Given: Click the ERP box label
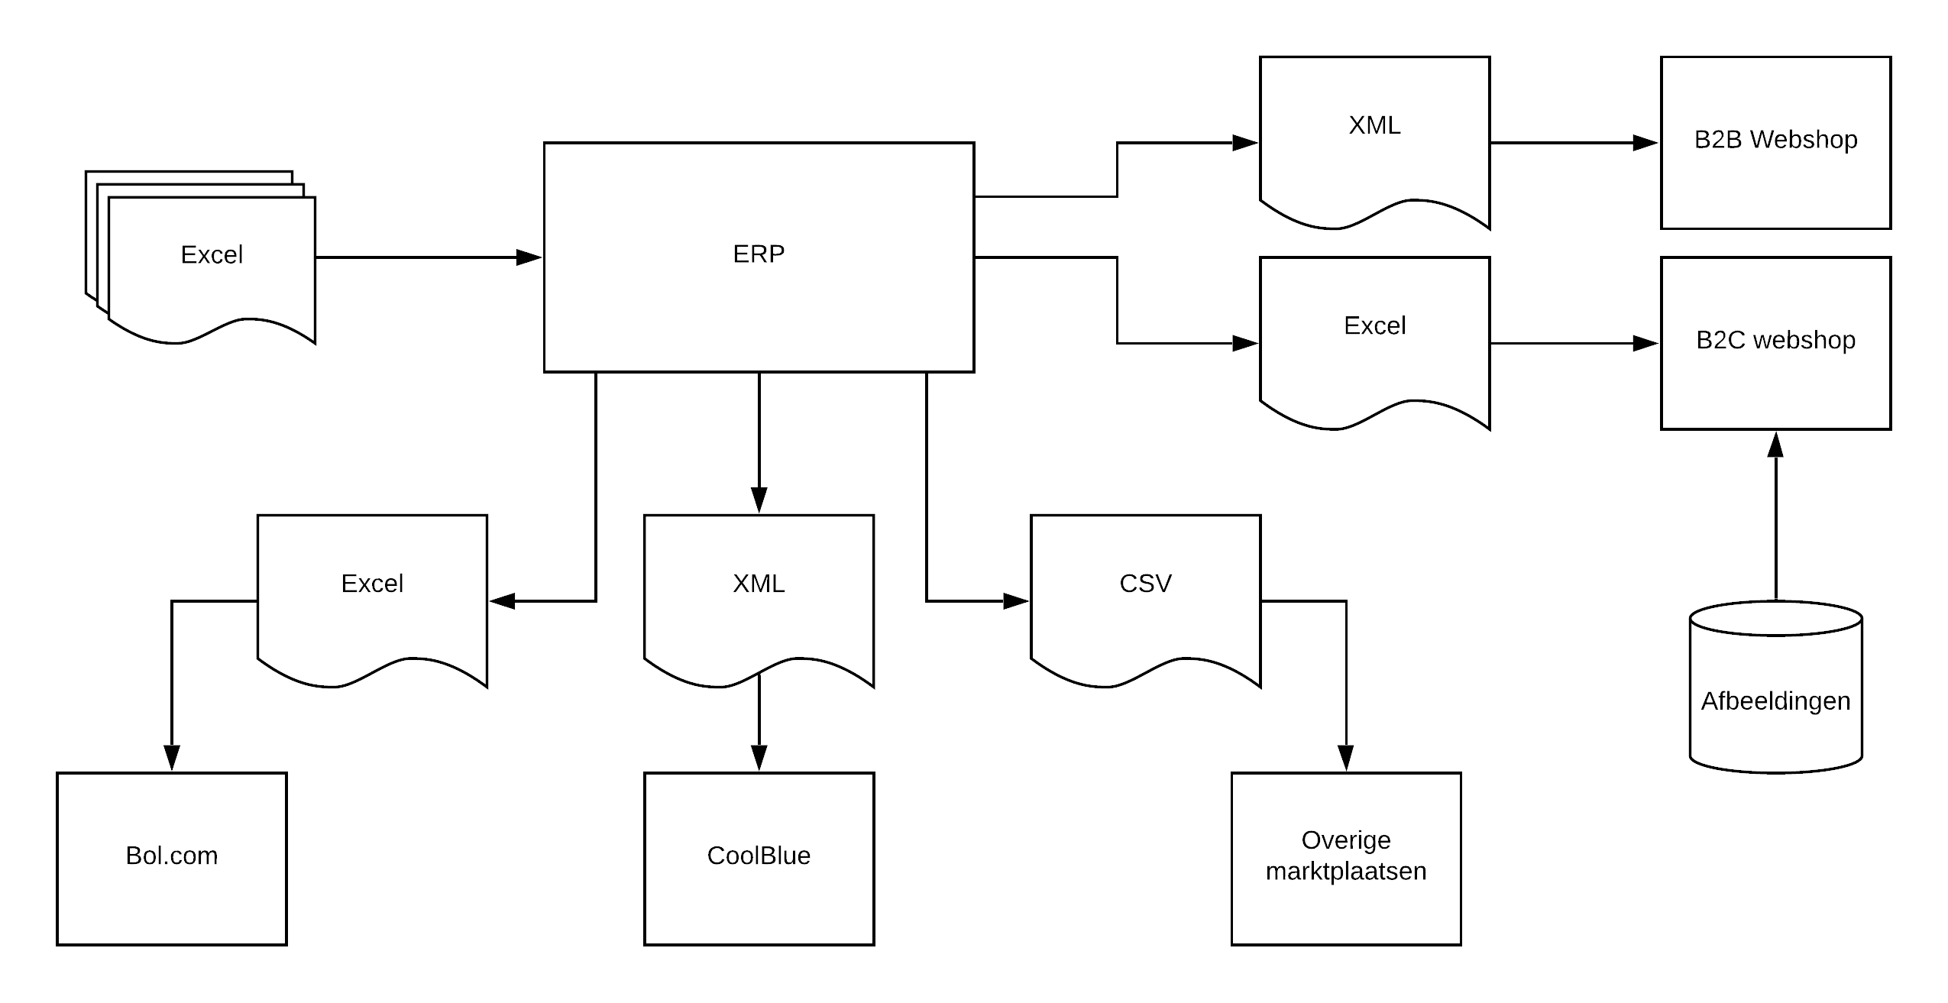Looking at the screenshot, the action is [x=759, y=254].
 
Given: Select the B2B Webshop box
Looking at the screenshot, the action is [x=1775, y=143].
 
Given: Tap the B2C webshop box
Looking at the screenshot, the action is [x=1775, y=343].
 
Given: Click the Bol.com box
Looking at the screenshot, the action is [x=172, y=859].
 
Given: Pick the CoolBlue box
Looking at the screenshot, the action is [x=759, y=859].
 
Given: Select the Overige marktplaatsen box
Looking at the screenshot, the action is [x=1346, y=859].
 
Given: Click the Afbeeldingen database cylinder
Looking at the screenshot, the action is [x=1775, y=688].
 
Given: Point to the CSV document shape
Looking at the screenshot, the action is [x=1145, y=601].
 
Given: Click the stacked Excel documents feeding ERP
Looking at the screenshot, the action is [x=201, y=257].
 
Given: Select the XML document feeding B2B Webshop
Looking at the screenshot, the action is [x=1374, y=143].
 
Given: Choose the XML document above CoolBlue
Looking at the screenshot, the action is [x=759, y=601].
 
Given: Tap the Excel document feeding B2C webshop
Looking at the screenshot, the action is [x=1374, y=343].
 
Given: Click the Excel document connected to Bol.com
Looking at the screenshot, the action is [x=372, y=601].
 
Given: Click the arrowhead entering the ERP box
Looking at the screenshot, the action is [x=529, y=257].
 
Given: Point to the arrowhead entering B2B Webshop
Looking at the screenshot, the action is [x=1645, y=143].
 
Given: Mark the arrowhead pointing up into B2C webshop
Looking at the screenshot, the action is [x=1775, y=445].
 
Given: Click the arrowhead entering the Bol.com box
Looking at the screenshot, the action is [x=172, y=758].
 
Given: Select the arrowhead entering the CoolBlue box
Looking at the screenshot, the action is [x=759, y=758].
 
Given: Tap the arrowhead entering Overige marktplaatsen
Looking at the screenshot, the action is [x=1346, y=758].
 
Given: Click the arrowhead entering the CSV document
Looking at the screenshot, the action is [x=1016, y=601].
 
